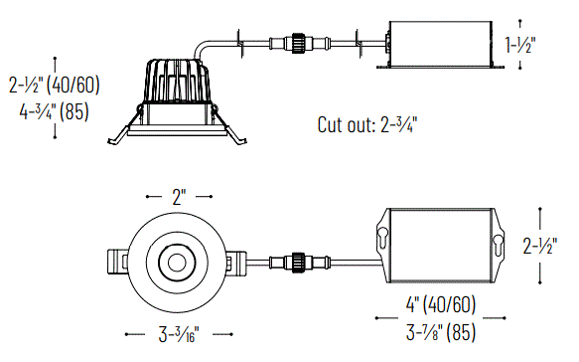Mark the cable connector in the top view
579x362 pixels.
296,263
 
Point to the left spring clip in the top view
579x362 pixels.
116,263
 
